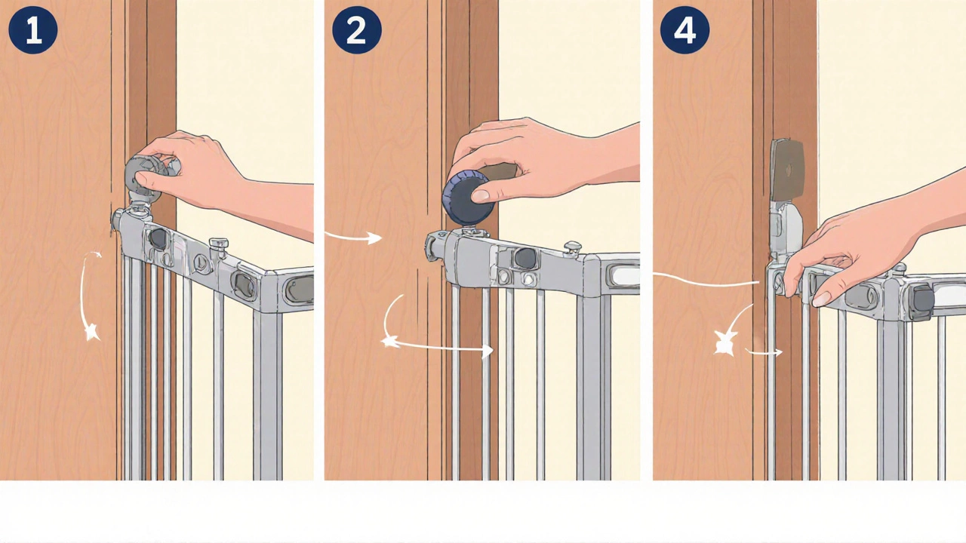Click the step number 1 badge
pyautogui.click(x=32, y=29)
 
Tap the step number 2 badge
pyautogui.click(x=357, y=29)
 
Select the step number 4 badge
pyautogui.click(x=685, y=29)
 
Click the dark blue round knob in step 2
pyautogui.click(x=467, y=198)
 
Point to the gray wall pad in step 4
pyautogui.click(x=786, y=170)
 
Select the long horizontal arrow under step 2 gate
pyautogui.click(x=438, y=345)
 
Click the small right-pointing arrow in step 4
pyautogui.click(x=764, y=352)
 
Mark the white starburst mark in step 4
pyautogui.click(x=724, y=343)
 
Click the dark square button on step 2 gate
pyautogui.click(x=525, y=258)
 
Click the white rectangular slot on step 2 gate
pyautogui.click(x=623, y=275)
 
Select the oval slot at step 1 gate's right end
pyautogui.click(x=300, y=289)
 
